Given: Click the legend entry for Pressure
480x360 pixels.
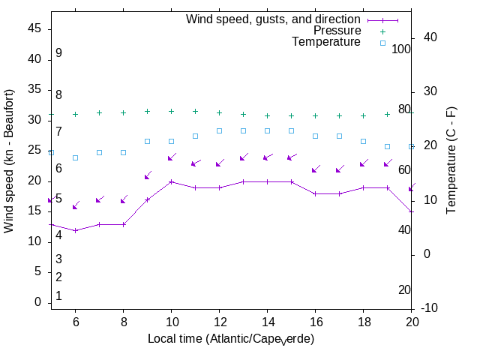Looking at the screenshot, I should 337,31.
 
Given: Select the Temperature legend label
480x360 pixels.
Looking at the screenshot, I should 326,42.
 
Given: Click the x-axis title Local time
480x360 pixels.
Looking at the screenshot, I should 230,339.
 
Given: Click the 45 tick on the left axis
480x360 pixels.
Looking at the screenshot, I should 34,28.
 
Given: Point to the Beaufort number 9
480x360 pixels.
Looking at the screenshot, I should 58,53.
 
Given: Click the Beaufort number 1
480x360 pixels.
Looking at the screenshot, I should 58,296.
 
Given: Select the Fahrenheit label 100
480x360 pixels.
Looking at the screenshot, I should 402,49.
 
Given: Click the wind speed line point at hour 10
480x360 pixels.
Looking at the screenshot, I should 171,181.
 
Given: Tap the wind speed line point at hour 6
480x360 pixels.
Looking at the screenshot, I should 75,230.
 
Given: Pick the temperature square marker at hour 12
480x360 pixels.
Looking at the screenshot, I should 219,130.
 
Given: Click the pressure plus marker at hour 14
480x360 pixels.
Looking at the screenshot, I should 267,116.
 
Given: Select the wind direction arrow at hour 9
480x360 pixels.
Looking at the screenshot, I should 148,176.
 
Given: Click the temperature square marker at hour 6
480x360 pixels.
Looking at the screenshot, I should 75,157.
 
